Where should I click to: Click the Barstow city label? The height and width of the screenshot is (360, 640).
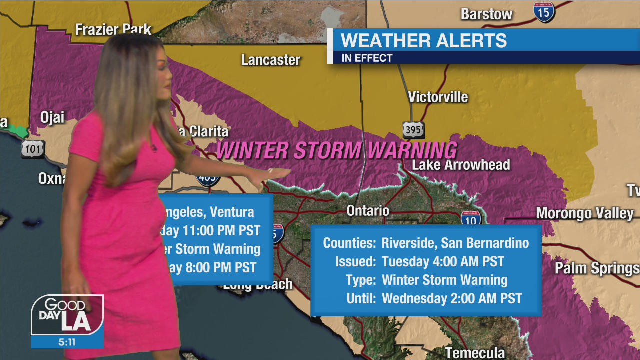[486, 14]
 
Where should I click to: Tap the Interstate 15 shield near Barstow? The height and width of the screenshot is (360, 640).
[544, 11]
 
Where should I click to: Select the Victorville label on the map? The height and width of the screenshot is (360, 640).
[438, 97]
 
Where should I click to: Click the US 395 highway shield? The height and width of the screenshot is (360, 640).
[413, 130]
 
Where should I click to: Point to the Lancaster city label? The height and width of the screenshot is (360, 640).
[271, 60]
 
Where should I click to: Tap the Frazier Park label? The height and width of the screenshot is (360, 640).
[113, 29]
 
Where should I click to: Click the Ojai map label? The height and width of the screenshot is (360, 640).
[52, 118]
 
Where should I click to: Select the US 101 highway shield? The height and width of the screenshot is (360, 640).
[33, 149]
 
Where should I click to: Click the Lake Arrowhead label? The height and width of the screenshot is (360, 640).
[461, 165]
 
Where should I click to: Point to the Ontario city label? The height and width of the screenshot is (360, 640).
[368, 210]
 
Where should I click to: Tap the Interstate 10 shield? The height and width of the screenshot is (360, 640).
[471, 218]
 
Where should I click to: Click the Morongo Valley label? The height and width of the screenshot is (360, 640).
[585, 213]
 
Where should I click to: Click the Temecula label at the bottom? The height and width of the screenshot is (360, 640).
[475, 353]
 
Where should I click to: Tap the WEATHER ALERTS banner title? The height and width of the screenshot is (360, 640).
[424, 40]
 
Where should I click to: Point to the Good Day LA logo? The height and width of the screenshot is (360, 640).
[67, 315]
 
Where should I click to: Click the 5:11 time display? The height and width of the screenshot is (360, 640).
[67, 343]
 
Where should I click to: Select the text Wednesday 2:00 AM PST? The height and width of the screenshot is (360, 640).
[452, 299]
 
